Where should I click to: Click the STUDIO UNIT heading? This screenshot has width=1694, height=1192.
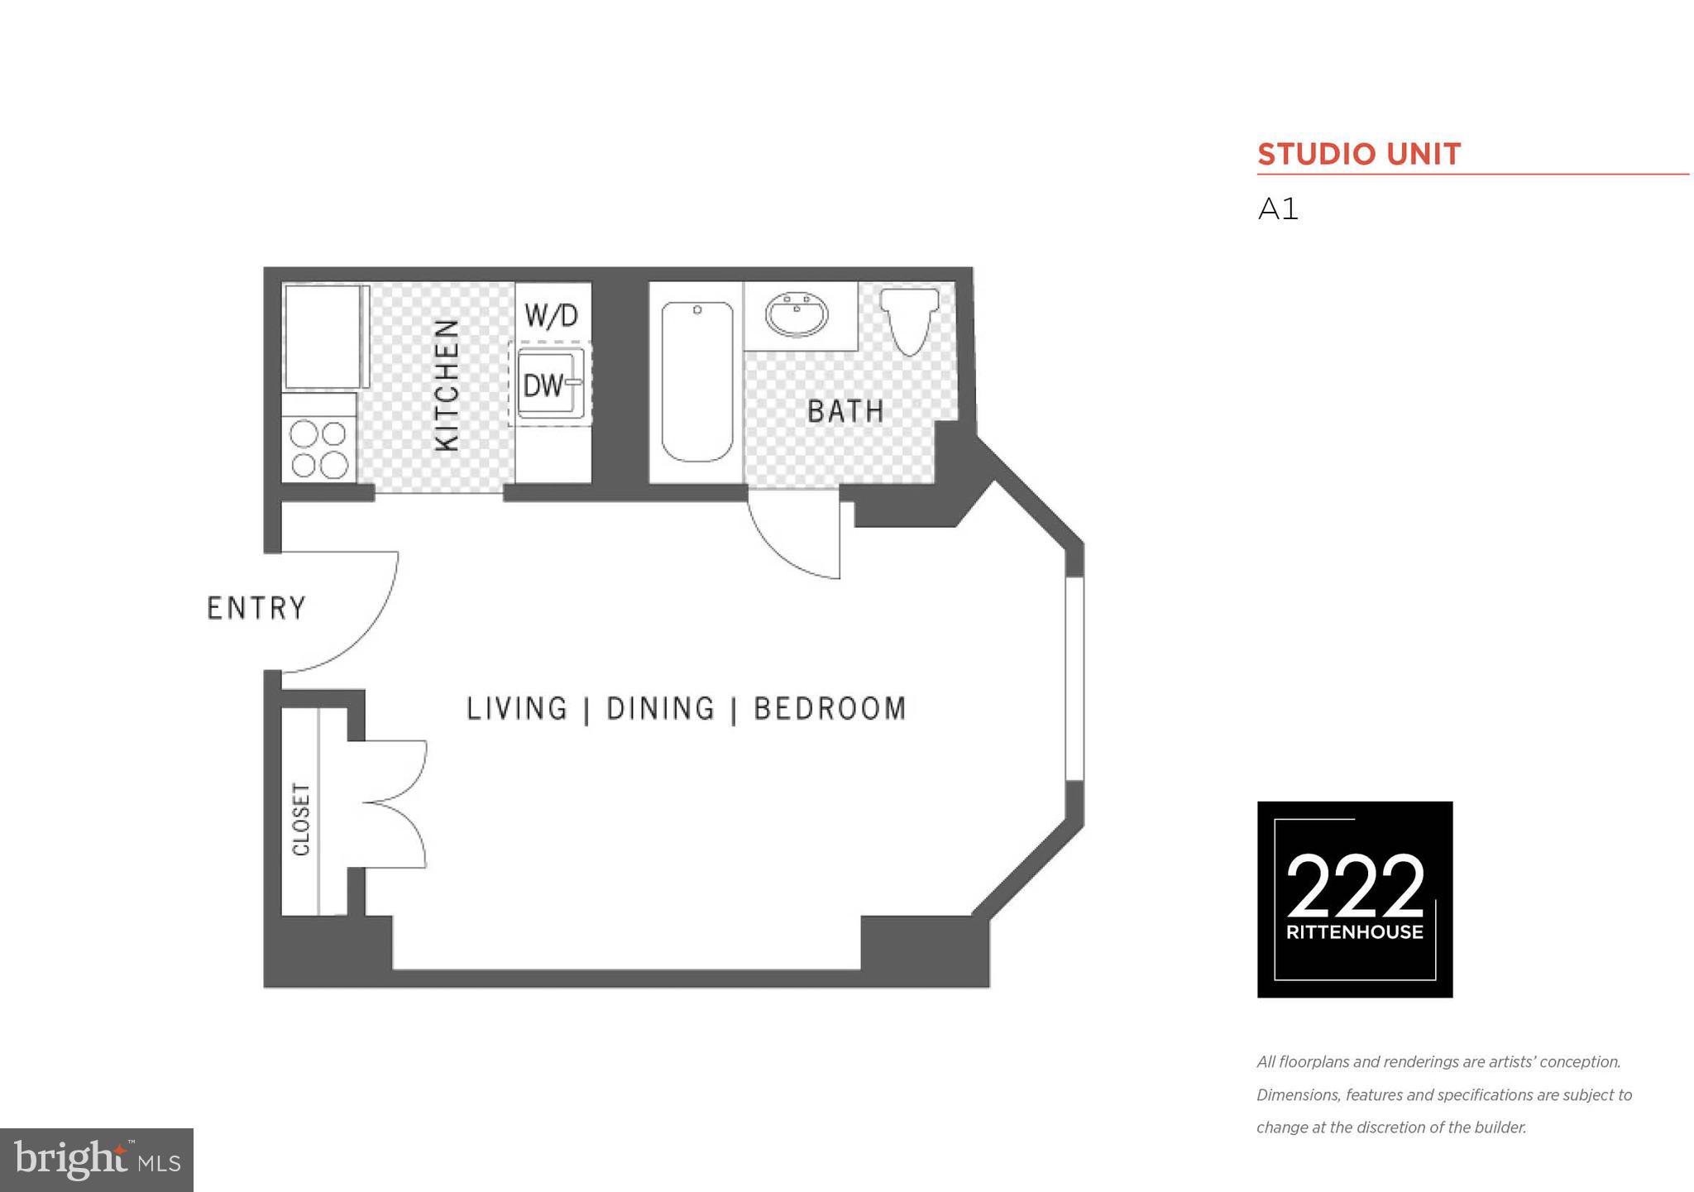[1359, 155]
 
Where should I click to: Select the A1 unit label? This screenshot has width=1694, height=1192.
[1278, 209]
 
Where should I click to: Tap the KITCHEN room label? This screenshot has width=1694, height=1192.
[447, 385]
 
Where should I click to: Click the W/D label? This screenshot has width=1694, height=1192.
[552, 315]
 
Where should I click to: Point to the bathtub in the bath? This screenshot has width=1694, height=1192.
[696, 381]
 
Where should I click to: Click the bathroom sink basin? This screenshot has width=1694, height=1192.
[797, 315]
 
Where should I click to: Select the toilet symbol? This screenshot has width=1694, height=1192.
[909, 319]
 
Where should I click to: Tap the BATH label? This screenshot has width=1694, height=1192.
[845, 411]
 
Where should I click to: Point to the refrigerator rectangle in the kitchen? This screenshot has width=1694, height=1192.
[323, 337]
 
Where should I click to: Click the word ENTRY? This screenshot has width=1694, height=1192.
[256, 609]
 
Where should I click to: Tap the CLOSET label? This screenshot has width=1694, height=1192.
[301, 819]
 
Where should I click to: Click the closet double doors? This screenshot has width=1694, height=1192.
[397, 803]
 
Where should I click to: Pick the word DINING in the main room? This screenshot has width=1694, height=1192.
[660, 709]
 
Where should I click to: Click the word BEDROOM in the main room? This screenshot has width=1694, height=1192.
[830, 709]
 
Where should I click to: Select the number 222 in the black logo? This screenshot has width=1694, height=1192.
[1355, 887]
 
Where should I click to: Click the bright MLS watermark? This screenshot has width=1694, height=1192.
[96, 1160]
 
